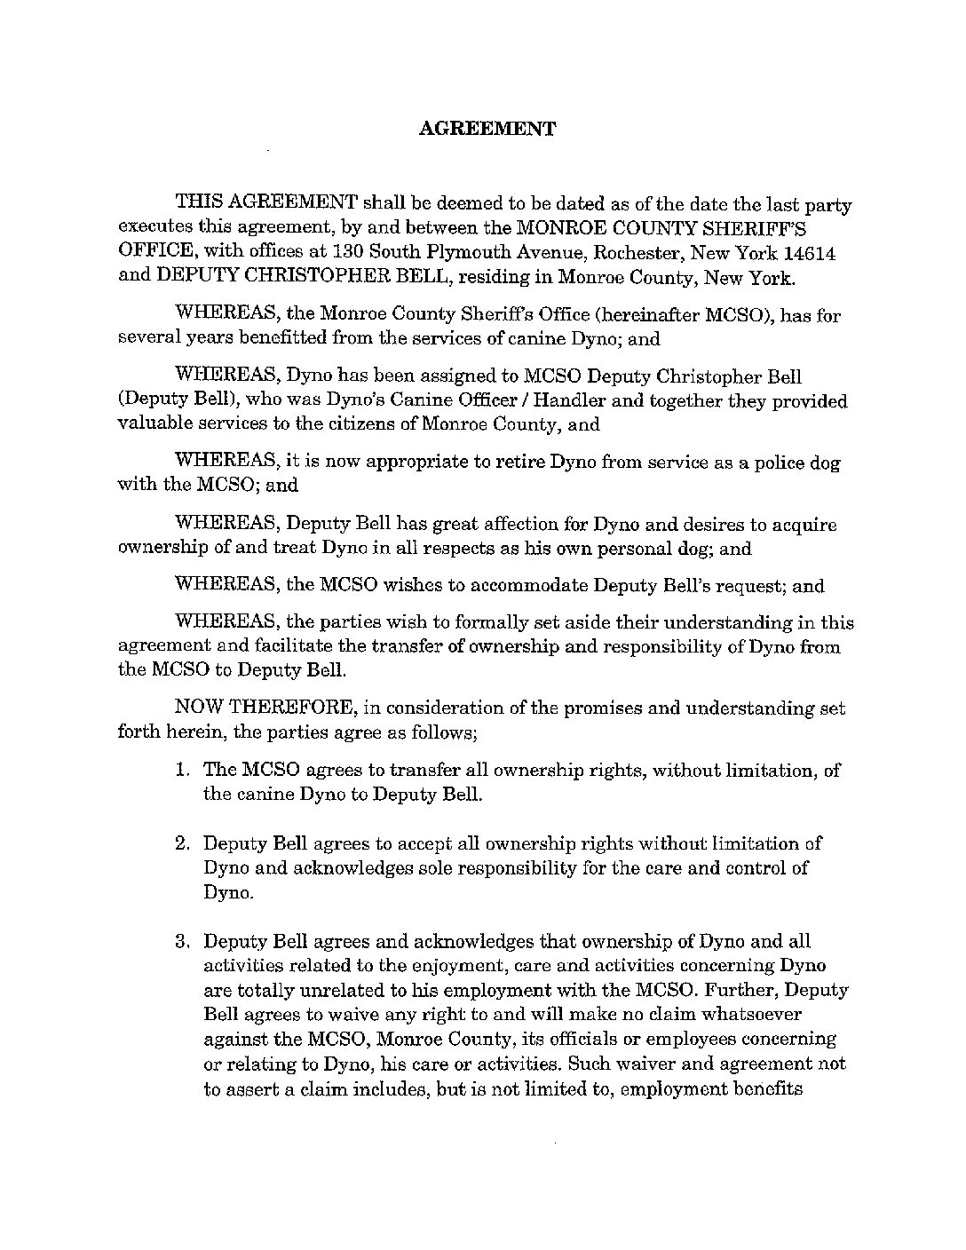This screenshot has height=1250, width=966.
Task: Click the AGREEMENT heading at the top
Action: point(486,129)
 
